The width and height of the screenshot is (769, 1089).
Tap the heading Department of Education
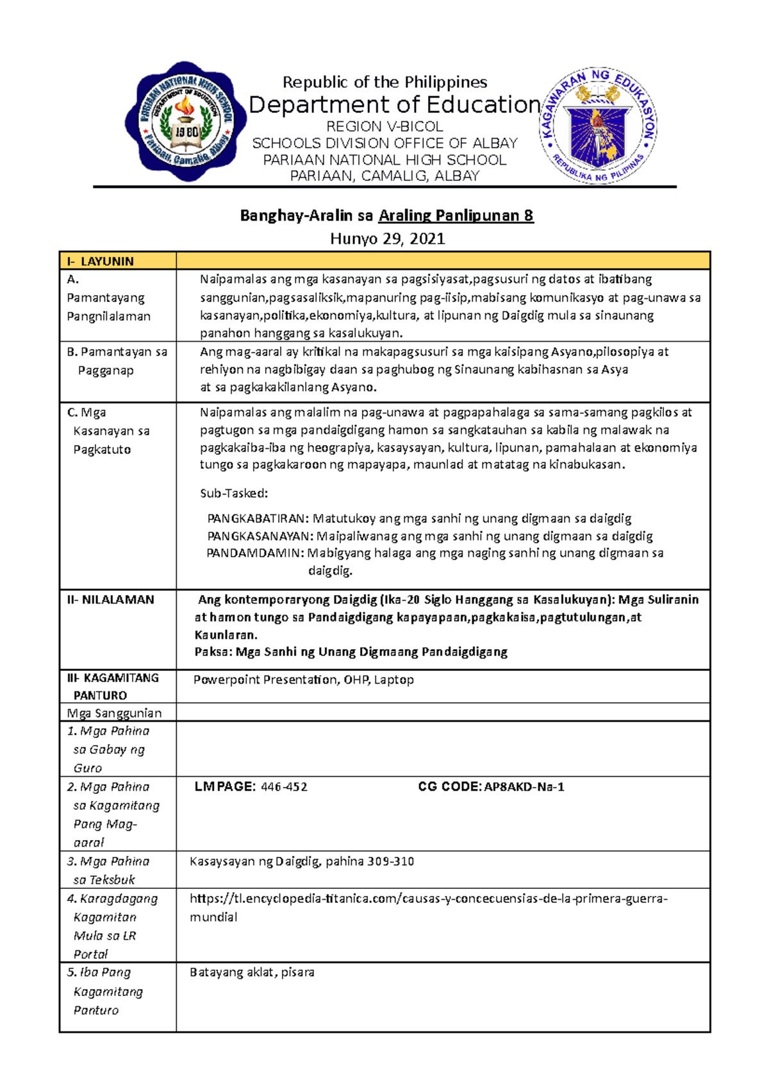coord(394,105)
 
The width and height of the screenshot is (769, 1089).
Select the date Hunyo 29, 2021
coord(387,239)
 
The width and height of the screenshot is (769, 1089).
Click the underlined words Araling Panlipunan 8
coord(456,215)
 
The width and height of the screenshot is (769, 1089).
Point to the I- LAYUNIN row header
coord(101,261)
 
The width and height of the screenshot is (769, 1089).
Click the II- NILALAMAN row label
coord(111,600)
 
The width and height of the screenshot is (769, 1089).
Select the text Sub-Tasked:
coord(234,493)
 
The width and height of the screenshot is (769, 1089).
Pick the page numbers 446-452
coord(284,787)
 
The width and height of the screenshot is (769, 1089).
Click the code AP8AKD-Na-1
coord(524,787)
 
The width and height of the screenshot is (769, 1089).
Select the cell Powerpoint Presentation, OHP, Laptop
coord(304,680)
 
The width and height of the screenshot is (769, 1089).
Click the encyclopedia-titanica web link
coord(428,899)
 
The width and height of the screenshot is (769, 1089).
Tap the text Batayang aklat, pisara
coord(252,972)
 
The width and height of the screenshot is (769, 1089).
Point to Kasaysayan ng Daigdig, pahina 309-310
coord(302,861)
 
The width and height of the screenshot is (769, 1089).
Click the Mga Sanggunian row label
coord(114,713)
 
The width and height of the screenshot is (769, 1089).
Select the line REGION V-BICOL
coord(384,126)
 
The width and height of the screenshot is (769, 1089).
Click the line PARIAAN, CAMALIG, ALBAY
coord(384,176)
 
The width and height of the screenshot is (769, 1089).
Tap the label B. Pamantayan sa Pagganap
coord(117,360)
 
